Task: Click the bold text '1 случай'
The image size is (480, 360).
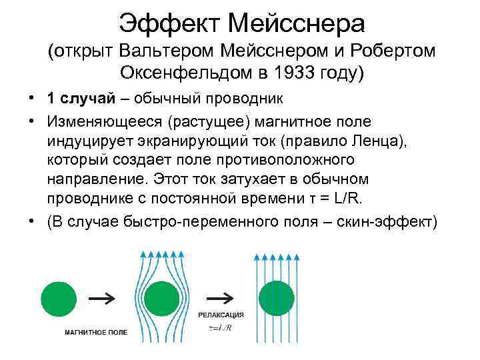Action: pos(85,99)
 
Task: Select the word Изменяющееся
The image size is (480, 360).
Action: pos(107,121)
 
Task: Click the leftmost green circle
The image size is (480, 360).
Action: pos(59,297)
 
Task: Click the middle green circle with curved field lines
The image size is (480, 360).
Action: pos(161,297)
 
